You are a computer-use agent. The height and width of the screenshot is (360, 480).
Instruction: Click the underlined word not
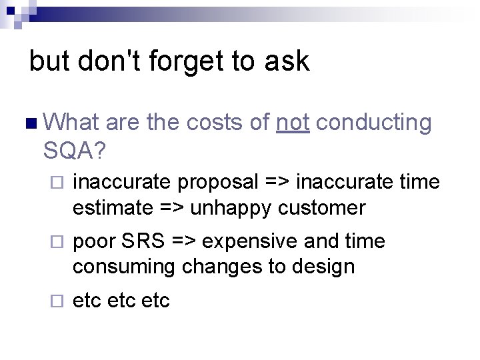coord(293,123)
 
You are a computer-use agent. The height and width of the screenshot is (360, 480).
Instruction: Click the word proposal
coord(219,182)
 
